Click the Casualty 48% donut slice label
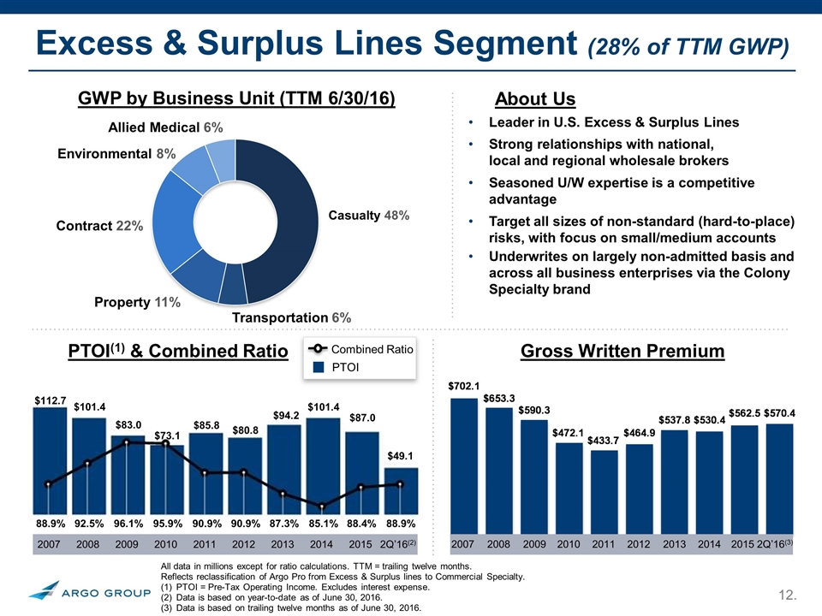coord(369,215)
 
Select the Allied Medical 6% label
coord(166,127)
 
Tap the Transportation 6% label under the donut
coord(292,317)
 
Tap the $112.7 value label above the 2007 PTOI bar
coord(50,400)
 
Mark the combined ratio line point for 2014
coord(321,506)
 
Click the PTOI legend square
coord(317,367)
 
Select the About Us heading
coord(535,99)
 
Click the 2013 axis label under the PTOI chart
coord(283,544)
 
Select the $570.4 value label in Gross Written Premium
coord(778,413)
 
